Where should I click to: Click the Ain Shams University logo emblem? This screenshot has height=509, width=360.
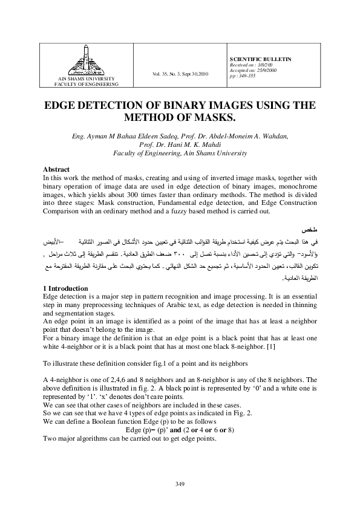coord(85,62)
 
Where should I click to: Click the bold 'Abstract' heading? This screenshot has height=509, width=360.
coord(56,169)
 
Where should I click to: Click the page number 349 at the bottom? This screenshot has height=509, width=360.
coord(179,484)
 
